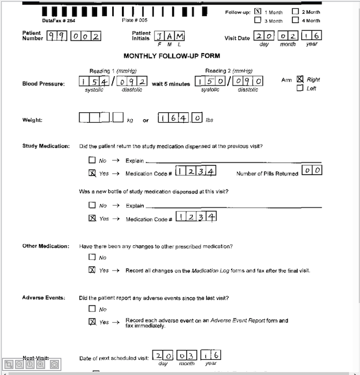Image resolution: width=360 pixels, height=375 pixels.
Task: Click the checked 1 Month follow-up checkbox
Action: pos(258,12)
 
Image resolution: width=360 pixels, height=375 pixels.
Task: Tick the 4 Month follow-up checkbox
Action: pos(295,21)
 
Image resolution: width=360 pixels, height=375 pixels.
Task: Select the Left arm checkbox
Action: pos(300,88)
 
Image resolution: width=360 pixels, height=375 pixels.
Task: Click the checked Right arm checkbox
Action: pos(300,79)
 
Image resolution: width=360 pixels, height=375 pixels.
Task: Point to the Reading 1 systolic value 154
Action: pos(94,82)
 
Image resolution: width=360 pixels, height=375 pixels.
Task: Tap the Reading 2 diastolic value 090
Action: pos(247,82)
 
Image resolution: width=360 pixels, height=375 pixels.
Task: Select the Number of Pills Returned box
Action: pos(312,170)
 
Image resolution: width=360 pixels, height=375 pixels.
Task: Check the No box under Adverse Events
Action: pos(92,309)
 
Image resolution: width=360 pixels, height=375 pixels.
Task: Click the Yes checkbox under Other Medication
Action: pos(92,270)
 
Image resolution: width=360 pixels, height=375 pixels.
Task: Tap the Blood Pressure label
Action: pos(43,84)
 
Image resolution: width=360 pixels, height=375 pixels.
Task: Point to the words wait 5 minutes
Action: pos(171,84)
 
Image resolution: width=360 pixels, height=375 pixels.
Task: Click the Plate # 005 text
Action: pos(135,21)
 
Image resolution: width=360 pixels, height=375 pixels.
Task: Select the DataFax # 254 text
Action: pos(59,21)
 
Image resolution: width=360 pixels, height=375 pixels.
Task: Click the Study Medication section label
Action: pos(46,146)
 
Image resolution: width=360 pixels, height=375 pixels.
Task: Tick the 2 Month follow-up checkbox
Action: pos(295,12)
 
